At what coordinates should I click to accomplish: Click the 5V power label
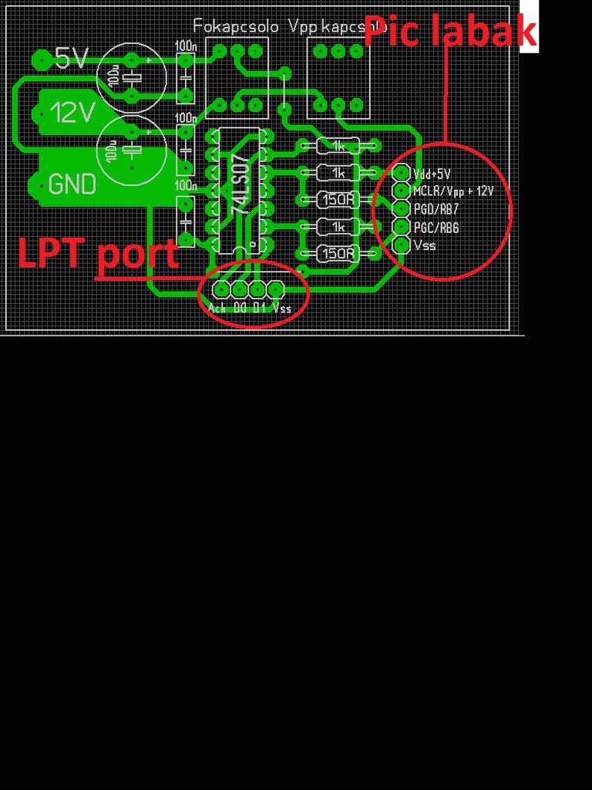pyautogui.click(x=72, y=58)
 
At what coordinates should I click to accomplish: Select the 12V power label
pyautogui.click(x=72, y=113)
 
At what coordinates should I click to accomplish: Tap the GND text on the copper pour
pyautogui.click(x=72, y=184)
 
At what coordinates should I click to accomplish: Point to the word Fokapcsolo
pyautogui.click(x=237, y=26)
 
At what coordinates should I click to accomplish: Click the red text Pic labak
pyautogui.click(x=449, y=32)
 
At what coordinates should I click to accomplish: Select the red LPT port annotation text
pyautogui.click(x=98, y=253)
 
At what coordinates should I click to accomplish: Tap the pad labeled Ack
pyautogui.click(x=221, y=289)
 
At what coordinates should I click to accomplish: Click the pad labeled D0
pyautogui.click(x=239, y=289)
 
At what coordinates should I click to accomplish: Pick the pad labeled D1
pyautogui.click(x=257, y=289)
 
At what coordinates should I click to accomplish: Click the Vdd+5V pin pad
pyautogui.click(x=402, y=173)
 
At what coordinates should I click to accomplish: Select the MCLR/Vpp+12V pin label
pyautogui.click(x=453, y=191)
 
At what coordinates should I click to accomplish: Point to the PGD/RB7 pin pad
pyautogui.click(x=402, y=208)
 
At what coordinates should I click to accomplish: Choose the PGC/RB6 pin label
pyautogui.click(x=436, y=228)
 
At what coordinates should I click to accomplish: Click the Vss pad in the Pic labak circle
pyautogui.click(x=402, y=245)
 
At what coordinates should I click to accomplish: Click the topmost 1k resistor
pyautogui.click(x=338, y=145)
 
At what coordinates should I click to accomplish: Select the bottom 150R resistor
pyautogui.click(x=338, y=253)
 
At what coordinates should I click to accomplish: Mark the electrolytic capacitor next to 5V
pyautogui.click(x=132, y=77)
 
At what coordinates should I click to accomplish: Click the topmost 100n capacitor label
pyautogui.click(x=185, y=46)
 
